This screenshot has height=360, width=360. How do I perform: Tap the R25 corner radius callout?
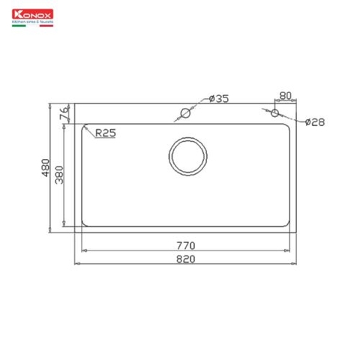(x=105, y=133)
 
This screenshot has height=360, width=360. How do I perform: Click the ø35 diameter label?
(x=218, y=100)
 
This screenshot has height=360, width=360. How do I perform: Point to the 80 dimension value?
(x=284, y=96)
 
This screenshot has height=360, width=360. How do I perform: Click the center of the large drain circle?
(x=185, y=156)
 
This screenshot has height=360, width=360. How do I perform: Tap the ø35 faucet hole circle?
(x=184, y=113)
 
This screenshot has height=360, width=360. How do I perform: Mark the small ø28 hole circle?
(x=274, y=113)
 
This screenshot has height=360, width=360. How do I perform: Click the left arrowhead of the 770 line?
(x=82, y=250)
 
